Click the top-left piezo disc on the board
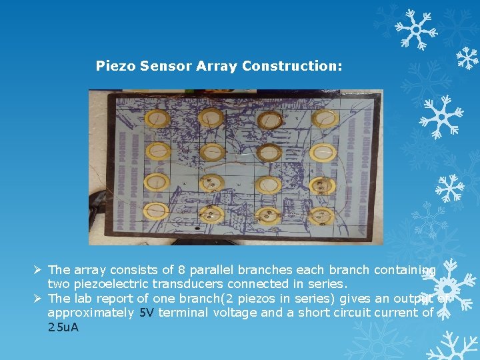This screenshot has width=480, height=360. coord(159,119)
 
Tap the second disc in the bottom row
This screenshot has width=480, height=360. coord(213,215)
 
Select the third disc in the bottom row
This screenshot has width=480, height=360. coord(268,215)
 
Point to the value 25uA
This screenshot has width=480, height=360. coord(63,327)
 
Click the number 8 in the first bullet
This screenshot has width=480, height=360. coord(182,270)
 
